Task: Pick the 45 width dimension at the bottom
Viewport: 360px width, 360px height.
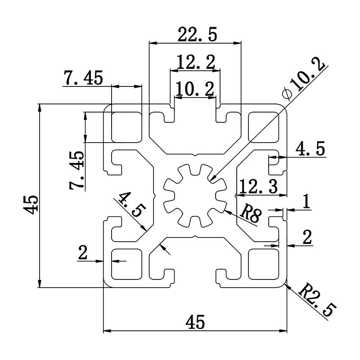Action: (x=195, y=322)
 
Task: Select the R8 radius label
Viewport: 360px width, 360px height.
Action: (x=251, y=216)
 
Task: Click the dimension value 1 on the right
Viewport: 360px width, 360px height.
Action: (x=306, y=202)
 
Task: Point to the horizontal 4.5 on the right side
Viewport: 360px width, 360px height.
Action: (x=310, y=149)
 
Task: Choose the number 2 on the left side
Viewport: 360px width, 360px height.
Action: (x=82, y=253)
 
